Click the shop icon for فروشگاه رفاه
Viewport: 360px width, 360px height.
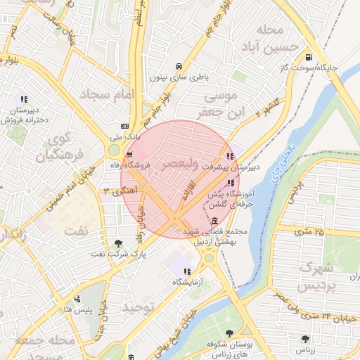pyautogui.click(x=129, y=155)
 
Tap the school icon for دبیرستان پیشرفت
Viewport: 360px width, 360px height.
pyautogui.click(x=231, y=156)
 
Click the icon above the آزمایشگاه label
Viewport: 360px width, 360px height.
pyautogui.click(x=186, y=271)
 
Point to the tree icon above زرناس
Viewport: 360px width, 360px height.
pyautogui.click(x=306, y=338)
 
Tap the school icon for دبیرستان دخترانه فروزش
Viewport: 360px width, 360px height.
pyautogui.click(x=25, y=99)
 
